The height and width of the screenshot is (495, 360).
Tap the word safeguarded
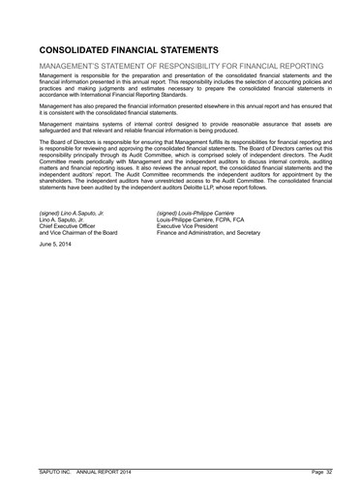point(57,132)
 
